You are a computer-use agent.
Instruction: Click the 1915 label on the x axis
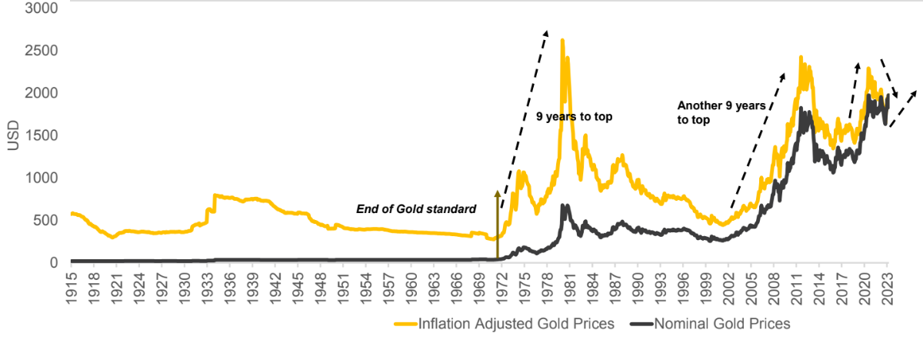pos(72,287)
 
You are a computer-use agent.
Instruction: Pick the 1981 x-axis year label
pos(568,287)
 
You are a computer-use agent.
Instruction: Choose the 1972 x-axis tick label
pos(501,287)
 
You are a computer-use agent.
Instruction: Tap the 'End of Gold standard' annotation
pos(415,208)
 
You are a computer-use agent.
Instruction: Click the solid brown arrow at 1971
pos(497,223)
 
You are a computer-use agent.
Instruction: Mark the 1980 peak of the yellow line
pos(562,41)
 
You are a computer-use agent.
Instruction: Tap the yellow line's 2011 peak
pos(801,58)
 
